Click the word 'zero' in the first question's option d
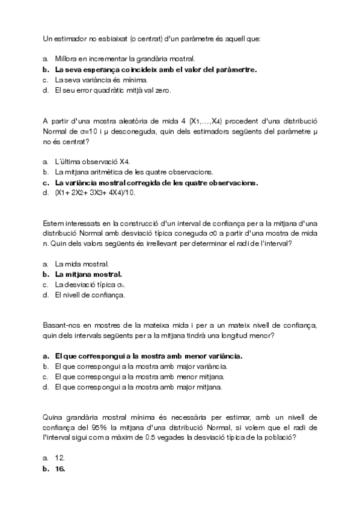(x=162, y=91)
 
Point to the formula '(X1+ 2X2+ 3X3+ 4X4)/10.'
(x=95, y=193)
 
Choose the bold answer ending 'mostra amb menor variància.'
(x=148, y=355)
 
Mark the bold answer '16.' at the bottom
(x=59, y=468)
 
